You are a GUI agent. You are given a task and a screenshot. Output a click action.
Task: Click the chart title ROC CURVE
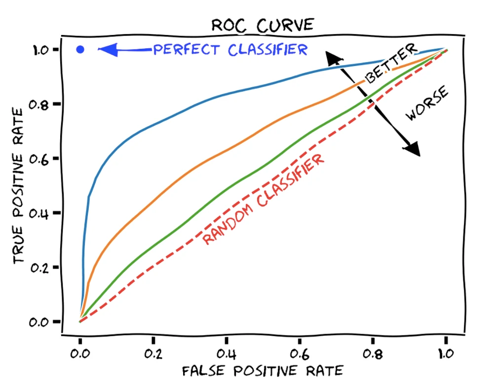[262, 25]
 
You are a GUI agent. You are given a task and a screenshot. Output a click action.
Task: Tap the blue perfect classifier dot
[80, 49]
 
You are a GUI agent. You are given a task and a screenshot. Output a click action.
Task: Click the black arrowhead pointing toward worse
[412, 148]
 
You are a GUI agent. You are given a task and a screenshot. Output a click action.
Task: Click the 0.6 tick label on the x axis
[299, 354]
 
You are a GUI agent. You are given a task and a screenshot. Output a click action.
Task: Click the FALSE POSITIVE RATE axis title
[262, 370]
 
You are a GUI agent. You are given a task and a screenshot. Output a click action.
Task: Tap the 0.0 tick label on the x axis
[80, 354]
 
